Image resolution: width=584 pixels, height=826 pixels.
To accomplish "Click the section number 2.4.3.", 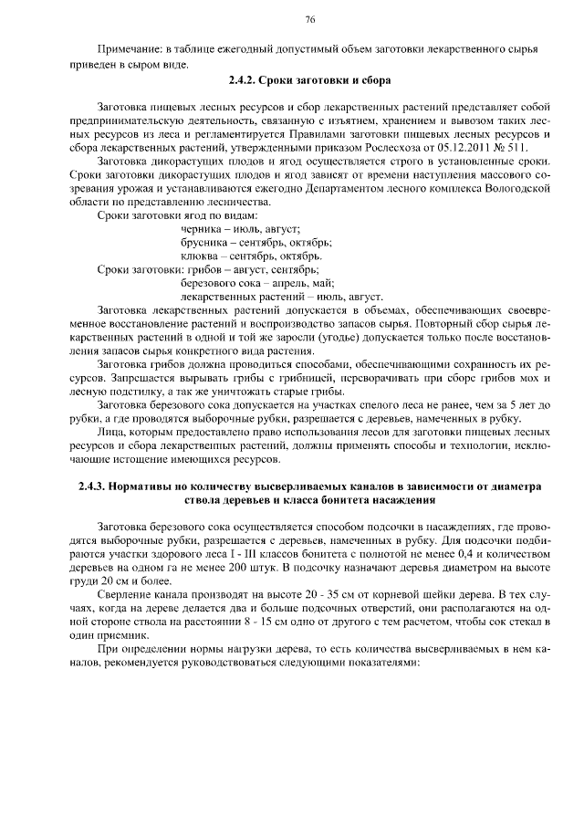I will coord(98,486).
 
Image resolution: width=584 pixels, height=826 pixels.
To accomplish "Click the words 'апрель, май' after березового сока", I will coord(308,283).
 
